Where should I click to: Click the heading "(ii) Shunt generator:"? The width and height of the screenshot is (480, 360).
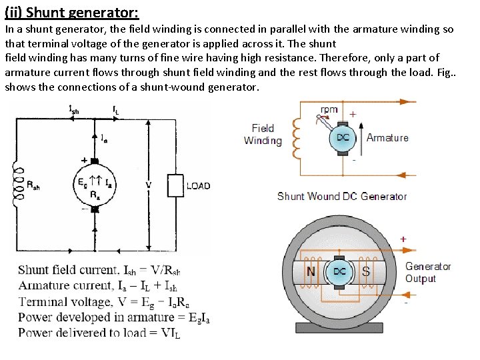click(71, 12)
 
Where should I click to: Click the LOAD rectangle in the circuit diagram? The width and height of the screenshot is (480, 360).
click(175, 185)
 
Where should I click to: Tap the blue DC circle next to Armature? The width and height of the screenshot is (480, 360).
click(343, 138)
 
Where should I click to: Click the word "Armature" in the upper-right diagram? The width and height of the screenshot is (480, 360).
click(387, 138)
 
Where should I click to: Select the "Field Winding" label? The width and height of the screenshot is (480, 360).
click(263, 134)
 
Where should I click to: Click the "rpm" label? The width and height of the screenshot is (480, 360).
click(329, 110)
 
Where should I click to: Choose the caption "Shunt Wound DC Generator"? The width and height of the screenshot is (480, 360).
click(342, 196)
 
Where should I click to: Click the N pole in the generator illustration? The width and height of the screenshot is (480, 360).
click(311, 272)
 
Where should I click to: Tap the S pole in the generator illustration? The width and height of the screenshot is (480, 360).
click(366, 272)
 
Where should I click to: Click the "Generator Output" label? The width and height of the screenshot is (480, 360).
click(427, 272)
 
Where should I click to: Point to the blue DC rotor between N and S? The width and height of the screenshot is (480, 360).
click(339, 272)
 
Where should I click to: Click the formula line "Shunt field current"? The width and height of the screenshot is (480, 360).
click(99, 271)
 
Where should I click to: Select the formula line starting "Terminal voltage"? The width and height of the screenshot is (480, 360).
click(99, 302)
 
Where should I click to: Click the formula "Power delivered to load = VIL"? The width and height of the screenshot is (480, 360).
click(99, 333)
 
